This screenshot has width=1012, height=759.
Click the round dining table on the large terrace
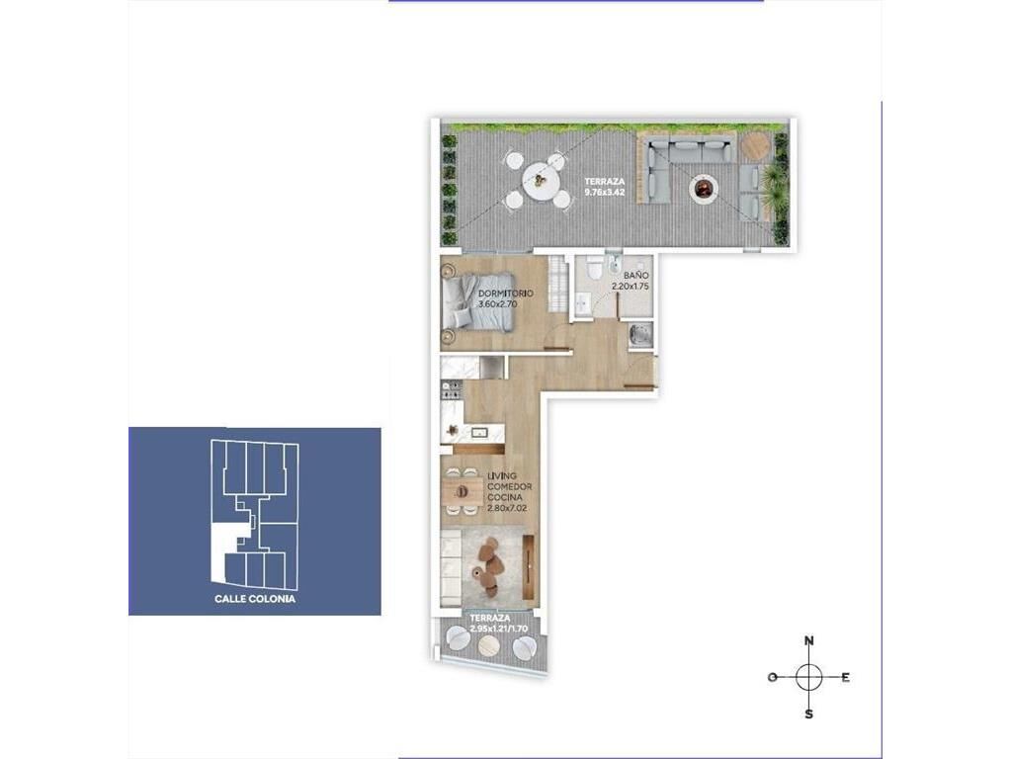pos(541,180)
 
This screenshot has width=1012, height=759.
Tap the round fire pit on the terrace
pos(703,189)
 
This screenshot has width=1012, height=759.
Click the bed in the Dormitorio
pos(477,302)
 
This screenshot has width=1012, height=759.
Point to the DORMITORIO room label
pos(506,294)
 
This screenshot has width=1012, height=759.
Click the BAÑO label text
pos(635,276)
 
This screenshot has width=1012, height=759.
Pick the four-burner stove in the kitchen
pos(451,389)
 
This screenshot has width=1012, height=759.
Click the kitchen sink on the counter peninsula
pos(478,432)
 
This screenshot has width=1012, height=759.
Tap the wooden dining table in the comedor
pos(463,491)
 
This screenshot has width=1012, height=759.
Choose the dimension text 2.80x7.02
pos(507,508)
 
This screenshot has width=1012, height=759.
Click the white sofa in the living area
pos(451,567)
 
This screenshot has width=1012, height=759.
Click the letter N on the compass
pos(809,640)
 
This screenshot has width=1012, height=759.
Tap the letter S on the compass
pos(808,715)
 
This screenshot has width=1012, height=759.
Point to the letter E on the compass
pos(846,677)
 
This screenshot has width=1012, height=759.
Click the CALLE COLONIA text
pos(255,599)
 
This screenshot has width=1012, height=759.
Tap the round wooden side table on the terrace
pos(753,146)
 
